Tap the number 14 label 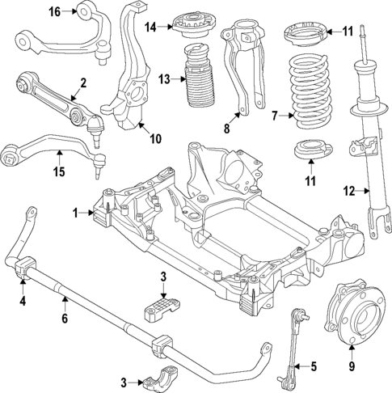pyautogui.click(x=150, y=27)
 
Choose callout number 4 pyautogui.click(x=22, y=302)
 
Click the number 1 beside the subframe pyautogui.click(x=76, y=213)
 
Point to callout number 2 pyautogui.click(x=82, y=82)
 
